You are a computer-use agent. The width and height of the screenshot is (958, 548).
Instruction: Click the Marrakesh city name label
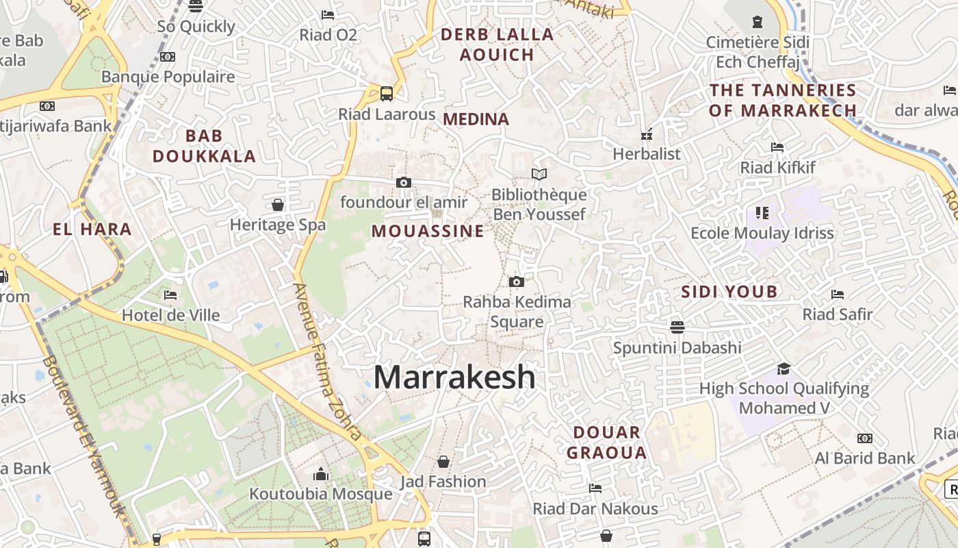(x=454, y=377)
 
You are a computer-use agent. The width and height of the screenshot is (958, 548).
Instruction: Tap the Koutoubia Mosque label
(x=320, y=494)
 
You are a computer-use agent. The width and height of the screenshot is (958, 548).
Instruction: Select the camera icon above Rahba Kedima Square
(x=517, y=282)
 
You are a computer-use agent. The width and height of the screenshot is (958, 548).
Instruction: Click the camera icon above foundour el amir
(x=404, y=182)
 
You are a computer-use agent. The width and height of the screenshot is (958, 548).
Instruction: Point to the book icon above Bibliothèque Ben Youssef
(x=539, y=174)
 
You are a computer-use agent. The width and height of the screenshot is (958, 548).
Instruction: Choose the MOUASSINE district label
(x=428, y=232)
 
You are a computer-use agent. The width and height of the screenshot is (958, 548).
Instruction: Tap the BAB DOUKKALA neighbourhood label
(x=204, y=146)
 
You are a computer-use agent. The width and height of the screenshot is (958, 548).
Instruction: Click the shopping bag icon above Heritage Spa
(x=278, y=205)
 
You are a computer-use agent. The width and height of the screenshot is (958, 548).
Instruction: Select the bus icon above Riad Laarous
(x=387, y=93)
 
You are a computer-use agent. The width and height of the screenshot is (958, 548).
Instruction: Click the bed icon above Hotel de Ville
(x=170, y=295)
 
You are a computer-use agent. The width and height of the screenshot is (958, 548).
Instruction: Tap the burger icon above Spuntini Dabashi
(x=677, y=327)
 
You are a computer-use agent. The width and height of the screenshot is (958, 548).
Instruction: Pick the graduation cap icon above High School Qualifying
(x=784, y=369)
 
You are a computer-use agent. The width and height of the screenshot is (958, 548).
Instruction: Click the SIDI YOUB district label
(x=729, y=292)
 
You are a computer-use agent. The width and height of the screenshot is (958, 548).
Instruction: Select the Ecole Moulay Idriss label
(x=762, y=233)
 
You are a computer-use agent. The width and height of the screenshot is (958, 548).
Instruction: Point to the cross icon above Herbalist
(x=647, y=134)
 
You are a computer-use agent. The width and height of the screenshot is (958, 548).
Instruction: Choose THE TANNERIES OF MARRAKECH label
(x=783, y=100)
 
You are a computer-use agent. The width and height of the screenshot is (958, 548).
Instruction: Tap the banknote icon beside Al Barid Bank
(x=865, y=438)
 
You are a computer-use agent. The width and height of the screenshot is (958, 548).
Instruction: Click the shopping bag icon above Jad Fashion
(x=443, y=462)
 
